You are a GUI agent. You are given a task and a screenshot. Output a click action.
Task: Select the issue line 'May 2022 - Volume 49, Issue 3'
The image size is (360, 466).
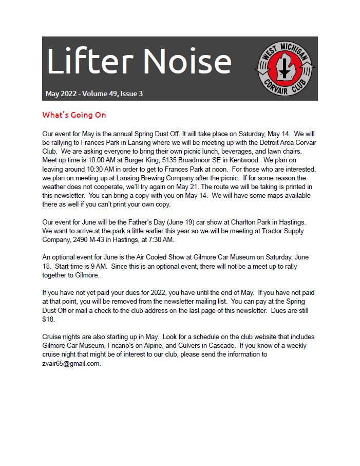[x=94, y=94]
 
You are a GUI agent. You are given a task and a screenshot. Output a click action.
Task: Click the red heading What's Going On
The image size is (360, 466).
[x=74, y=115]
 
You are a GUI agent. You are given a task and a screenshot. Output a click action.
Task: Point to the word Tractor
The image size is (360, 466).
[x=271, y=231]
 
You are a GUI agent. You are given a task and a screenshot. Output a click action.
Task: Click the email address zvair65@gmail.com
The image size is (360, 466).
[x=71, y=363]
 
